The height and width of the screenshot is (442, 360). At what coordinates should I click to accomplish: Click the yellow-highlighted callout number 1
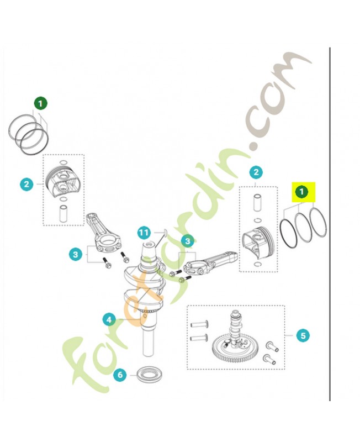[302, 192]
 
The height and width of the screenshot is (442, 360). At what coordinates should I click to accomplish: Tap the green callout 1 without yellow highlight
[41, 103]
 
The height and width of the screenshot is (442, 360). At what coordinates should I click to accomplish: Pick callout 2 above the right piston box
[255, 172]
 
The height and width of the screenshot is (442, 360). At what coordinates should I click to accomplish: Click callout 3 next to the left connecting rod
[76, 254]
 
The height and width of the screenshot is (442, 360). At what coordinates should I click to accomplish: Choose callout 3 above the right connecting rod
[188, 241]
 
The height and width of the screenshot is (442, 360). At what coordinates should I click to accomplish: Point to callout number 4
[109, 319]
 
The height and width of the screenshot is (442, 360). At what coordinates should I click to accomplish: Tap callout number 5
[302, 335]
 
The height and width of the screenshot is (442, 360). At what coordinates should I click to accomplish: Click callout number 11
[144, 233]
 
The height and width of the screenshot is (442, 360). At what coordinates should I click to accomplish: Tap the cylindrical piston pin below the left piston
[63, 213]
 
